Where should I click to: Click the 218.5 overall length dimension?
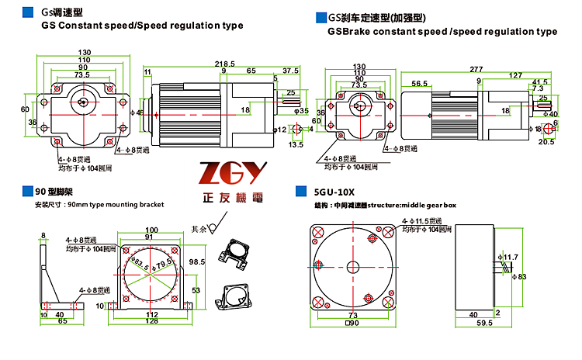[225, 63]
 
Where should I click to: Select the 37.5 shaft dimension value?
[290, 71]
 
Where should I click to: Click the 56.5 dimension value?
[420, 83]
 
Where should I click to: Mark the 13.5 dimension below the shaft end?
[296, 144]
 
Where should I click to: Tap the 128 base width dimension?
[151, 320]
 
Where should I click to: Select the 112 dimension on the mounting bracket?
[151, 313]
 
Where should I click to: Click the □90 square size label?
[353, 322]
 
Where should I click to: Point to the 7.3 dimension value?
[539, 88]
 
